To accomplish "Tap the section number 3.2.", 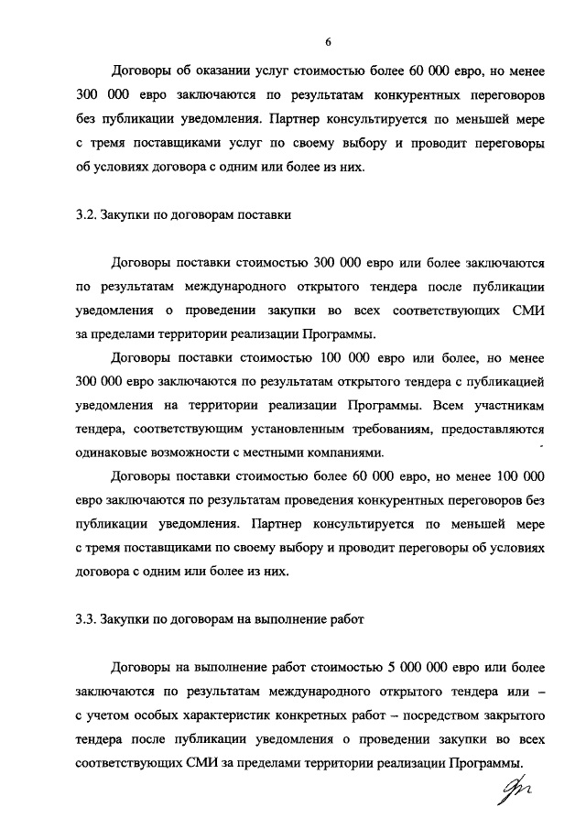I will pyautogui.click(x=87, y=216).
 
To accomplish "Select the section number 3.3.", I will pyautogui.click(x=87, y=619).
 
